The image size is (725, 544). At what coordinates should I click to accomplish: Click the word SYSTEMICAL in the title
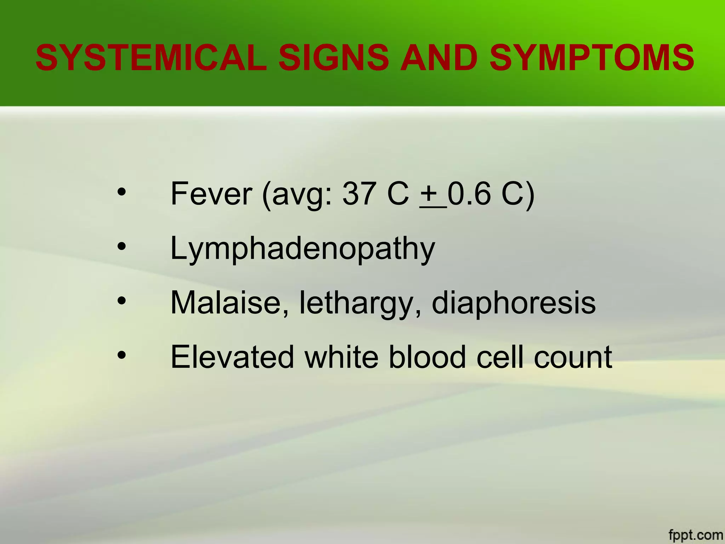click(151, 58)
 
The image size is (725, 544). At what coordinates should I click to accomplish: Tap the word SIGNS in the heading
click(334, 58)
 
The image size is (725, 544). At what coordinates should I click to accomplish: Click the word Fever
click(211, 194)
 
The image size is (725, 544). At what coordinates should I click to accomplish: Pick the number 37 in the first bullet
click(358, 194)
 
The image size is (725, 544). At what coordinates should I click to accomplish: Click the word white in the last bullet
click(342, 357)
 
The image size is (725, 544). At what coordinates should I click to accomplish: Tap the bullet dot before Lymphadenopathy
click(121, 246)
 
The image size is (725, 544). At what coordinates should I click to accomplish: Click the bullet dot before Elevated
click(121, 355)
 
